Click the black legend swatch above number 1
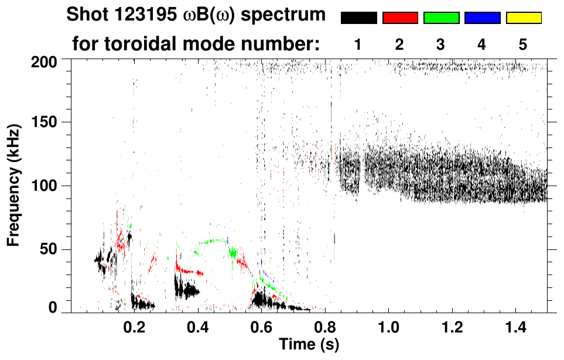[x=358, y=18]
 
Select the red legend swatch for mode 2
[x=400, y=18]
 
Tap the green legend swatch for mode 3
[x=441, y=18]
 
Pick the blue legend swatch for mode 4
[x=482, y=18]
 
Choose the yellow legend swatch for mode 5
[x=524, y=18]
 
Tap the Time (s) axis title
[x=308, y=344]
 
